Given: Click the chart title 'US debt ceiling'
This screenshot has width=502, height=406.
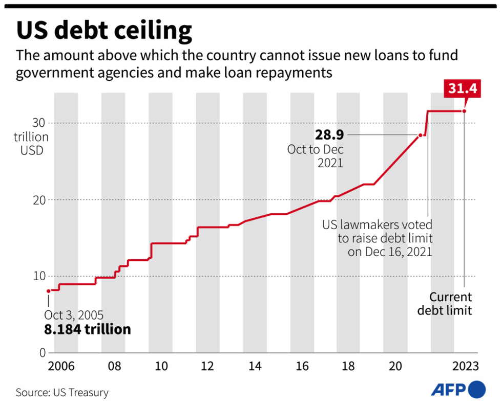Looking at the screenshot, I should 104,31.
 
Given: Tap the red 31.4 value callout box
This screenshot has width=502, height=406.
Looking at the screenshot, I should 463,89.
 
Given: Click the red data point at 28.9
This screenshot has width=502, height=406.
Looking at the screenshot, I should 420,135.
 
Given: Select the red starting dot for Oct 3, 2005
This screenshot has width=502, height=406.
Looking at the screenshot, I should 49,291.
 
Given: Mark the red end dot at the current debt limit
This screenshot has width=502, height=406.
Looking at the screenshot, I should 464,111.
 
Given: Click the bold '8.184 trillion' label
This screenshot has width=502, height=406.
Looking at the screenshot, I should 87,329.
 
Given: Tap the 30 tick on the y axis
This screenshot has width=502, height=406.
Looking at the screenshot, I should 39,123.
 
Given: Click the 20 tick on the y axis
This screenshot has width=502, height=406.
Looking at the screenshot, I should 39,200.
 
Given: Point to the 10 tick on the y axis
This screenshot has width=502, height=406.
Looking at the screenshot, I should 39,276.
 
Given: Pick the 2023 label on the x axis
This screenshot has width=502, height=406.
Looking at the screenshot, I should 465,367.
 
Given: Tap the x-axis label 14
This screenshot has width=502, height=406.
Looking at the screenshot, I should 255,367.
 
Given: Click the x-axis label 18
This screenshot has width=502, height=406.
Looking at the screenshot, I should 348,367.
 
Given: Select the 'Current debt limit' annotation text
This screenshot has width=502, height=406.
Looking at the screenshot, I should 444,303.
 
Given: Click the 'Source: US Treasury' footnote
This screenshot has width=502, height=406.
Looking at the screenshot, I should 62,393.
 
